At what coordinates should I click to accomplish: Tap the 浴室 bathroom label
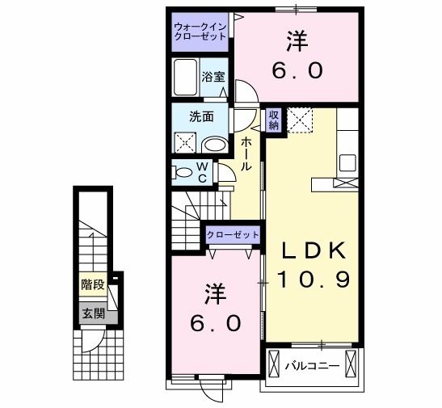click(214, 78)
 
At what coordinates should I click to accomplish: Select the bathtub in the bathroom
click(186, 78)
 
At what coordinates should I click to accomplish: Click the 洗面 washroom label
click(201, 116)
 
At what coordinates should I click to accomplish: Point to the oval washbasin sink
click(214, 145)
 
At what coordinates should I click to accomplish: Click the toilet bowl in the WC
click(183, 172)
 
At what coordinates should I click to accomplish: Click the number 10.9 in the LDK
click(314, 280)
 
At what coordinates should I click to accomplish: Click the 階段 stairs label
click(92, 284)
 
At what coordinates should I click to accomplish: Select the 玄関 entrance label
click(92, 313)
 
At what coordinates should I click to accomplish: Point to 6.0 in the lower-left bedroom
click(214, 323)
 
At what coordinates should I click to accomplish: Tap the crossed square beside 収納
click(300, 120)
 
